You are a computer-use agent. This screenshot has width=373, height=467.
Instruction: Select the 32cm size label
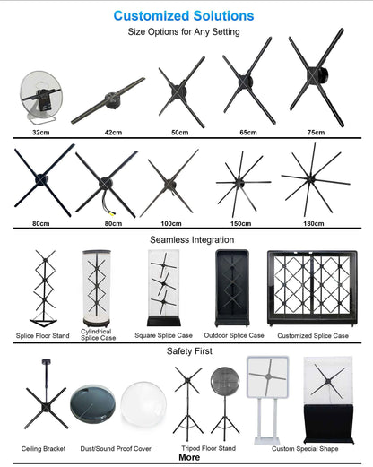point(40,133)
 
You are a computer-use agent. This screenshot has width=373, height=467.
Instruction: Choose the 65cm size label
point(247,133)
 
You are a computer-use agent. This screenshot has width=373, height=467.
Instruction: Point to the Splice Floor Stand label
point(43,335)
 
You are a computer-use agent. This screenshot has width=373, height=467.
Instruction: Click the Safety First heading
point(189,351)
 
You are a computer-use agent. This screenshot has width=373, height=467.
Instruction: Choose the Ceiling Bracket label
point(45,446)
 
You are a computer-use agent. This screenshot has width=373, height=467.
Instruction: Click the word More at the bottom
point(189,457)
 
